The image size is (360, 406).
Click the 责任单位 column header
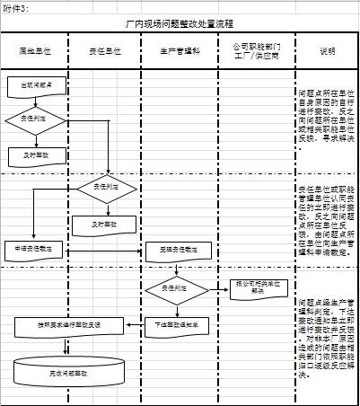coord(107,53)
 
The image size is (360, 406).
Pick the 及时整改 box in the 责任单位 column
coord(107,223)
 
